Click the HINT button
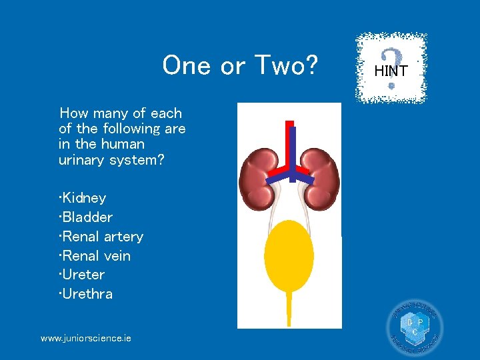[391, 69]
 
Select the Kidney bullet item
[83, 198]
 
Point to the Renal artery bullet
[101, 237]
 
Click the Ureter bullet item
[82, 275]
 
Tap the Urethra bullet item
[86, 294]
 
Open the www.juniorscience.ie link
[86, 339]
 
